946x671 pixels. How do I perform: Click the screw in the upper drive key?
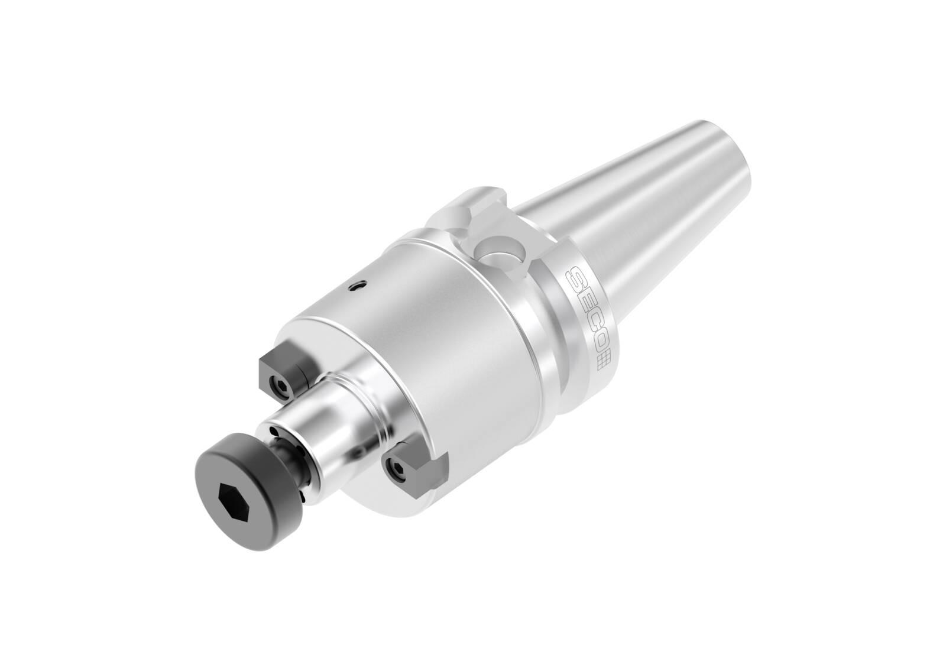[281, 384]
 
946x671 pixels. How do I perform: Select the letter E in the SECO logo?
[584, 304]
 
